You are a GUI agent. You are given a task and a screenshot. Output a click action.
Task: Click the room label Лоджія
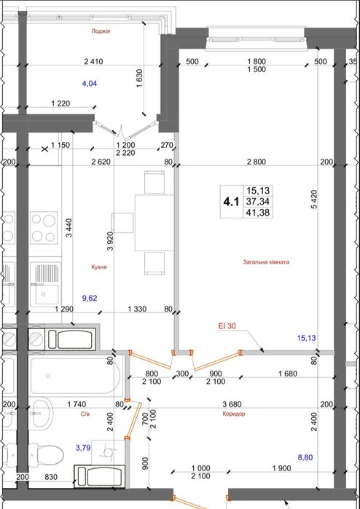tap(101, 31)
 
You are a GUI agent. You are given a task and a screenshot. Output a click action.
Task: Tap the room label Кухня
tap(99, 267)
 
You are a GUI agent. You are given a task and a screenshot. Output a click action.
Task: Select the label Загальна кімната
tap(266, 261)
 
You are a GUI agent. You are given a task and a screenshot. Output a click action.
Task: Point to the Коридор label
tap(234, 414)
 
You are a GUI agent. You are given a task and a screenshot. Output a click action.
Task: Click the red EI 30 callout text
tap(227, 326)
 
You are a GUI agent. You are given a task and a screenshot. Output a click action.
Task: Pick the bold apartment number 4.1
tap(231, 202)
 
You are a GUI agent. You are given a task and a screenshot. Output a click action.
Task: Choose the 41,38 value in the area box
tap(258, 213)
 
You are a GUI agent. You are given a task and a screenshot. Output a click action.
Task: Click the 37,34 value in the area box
tap(258, 202)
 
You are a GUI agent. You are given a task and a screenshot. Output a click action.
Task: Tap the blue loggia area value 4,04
tap(90, 84)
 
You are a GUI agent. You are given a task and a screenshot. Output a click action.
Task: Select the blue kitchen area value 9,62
tap(90, 298)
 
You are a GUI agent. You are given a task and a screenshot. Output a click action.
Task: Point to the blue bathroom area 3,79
tap(83, 448)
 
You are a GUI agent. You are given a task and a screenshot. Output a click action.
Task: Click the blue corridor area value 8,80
tap(306, 458)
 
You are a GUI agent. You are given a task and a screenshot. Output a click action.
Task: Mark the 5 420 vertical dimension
tap(313, 203)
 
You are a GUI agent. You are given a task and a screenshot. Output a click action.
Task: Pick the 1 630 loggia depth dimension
tap(140, 79)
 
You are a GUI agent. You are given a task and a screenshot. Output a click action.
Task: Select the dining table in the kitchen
tap(154, 223)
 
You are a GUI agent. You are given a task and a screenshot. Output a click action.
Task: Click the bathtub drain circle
tap(48, 376)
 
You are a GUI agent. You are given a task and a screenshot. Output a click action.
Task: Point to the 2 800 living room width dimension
tap(257, 162)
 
